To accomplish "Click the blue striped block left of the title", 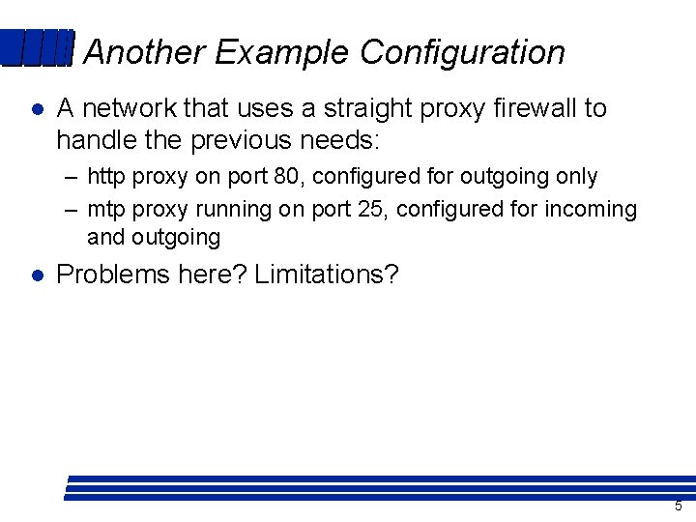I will tap(37, 48).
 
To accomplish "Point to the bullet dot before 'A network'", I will tap(36, 108).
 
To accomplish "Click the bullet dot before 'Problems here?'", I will tap(36, 275).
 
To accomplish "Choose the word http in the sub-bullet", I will tap(106, 177).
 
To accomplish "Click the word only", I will tap(576, 177).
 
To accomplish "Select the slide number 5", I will tap(678, 506).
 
